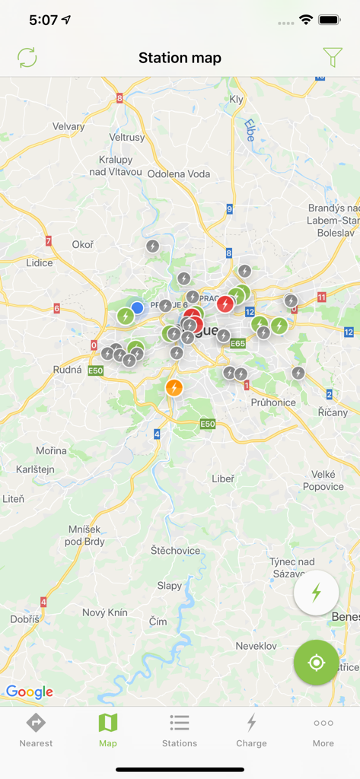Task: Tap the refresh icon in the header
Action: tap(27, 58)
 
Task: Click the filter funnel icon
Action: tap(333, 58)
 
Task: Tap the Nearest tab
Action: tap(36, 730)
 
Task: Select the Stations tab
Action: tap(180, 730)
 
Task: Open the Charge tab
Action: tap(251, 730)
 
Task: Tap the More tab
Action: tap(323, 730)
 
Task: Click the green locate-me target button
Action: tap(317, 663)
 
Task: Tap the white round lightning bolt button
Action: tap(317, 593)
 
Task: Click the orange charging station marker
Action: tap(174, 388)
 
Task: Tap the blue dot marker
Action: tap(137, 308)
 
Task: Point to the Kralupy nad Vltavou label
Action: tap(115, 166)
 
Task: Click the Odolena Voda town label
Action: tap(179, 173)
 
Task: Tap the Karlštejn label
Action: tap(35, 469)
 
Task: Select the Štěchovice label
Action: tap(175, 550)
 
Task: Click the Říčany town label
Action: tap(333, 412)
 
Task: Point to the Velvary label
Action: tap(68, 126)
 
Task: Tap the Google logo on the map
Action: tap(29, 692)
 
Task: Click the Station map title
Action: tap(180, 58)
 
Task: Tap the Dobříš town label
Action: tap(24, 619)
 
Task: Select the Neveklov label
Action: tap(256, 645)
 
